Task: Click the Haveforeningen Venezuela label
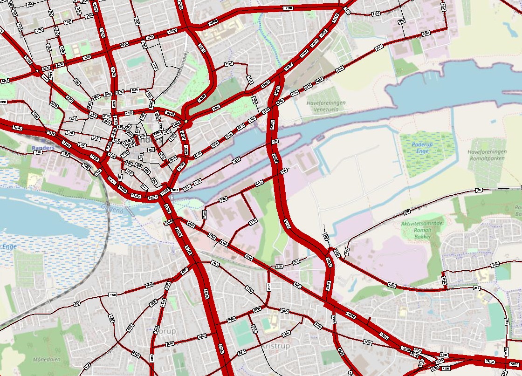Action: coord(326,105)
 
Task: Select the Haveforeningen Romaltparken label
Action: coord(487,155)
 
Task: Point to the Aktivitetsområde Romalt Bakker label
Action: coord(423,230)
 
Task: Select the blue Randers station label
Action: coord(43,148)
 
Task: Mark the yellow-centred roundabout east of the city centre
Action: coord(186,122)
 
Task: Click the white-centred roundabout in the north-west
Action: coord(37,71)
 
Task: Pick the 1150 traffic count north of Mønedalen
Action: coord(112,294)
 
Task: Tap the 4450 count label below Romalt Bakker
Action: coord(392,285)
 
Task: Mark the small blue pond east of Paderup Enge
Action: coord(493,122)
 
